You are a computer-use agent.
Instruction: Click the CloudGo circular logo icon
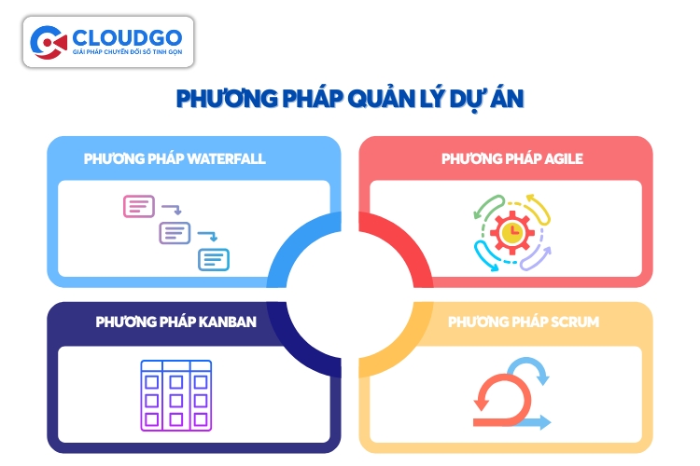[49, 41]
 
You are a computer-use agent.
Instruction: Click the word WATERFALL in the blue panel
[227, 158]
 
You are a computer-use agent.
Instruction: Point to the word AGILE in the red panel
[566, 158]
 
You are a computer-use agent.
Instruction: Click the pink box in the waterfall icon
[139, 206]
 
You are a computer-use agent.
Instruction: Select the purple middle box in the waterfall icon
[175, 232]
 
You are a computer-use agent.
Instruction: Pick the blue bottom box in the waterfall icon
[213, 259]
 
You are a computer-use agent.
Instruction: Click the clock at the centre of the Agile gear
[511, 230]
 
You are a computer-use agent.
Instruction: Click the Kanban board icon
[175, 394]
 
